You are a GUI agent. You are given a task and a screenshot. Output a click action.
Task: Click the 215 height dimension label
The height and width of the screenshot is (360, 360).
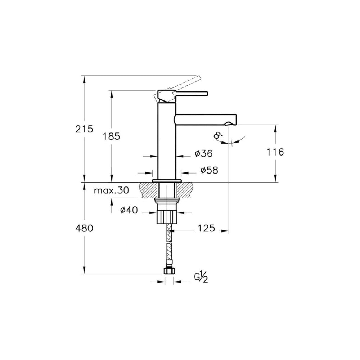(x=84, y=129)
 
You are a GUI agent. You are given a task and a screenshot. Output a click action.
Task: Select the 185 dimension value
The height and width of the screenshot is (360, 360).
(x=111, y=136)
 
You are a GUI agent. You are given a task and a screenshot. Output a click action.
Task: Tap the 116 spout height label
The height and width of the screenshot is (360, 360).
(x=275, y=152)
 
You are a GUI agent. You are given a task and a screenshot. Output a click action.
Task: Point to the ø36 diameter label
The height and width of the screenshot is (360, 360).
(x=204, y=153)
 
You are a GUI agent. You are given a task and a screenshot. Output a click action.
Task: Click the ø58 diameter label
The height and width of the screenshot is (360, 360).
(x=210, y=170)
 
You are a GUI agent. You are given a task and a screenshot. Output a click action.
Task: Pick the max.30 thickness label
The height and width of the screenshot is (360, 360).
(x=112, y=190)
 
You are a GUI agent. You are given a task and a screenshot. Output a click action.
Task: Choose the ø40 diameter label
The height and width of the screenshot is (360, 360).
(x=129, y=210)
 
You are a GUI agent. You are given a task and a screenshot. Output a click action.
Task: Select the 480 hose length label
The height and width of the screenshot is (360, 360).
(x=84, y=228)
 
